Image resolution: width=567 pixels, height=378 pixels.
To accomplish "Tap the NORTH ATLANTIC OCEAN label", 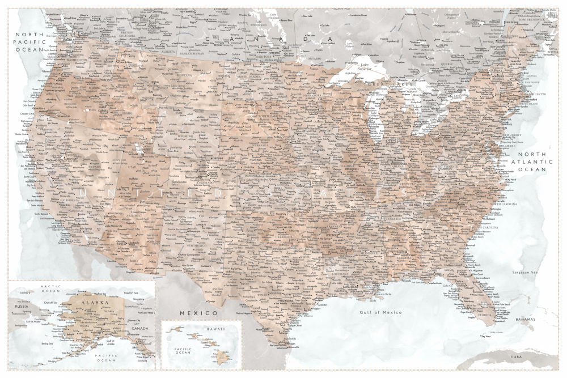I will (528, 162).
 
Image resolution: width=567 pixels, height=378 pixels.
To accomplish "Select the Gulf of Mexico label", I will (380, 312).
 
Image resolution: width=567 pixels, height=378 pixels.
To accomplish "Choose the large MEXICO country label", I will (198, 313).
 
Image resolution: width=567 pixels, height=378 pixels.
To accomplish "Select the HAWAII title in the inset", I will (214, 329).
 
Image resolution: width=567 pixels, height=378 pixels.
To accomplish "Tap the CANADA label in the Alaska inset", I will (141, 328).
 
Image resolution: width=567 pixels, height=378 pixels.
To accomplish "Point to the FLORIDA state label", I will (486, 317).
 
